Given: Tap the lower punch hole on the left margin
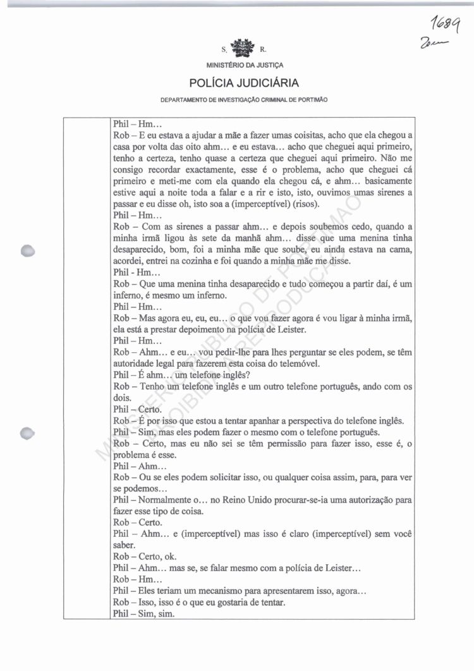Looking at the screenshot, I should [28, 433].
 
